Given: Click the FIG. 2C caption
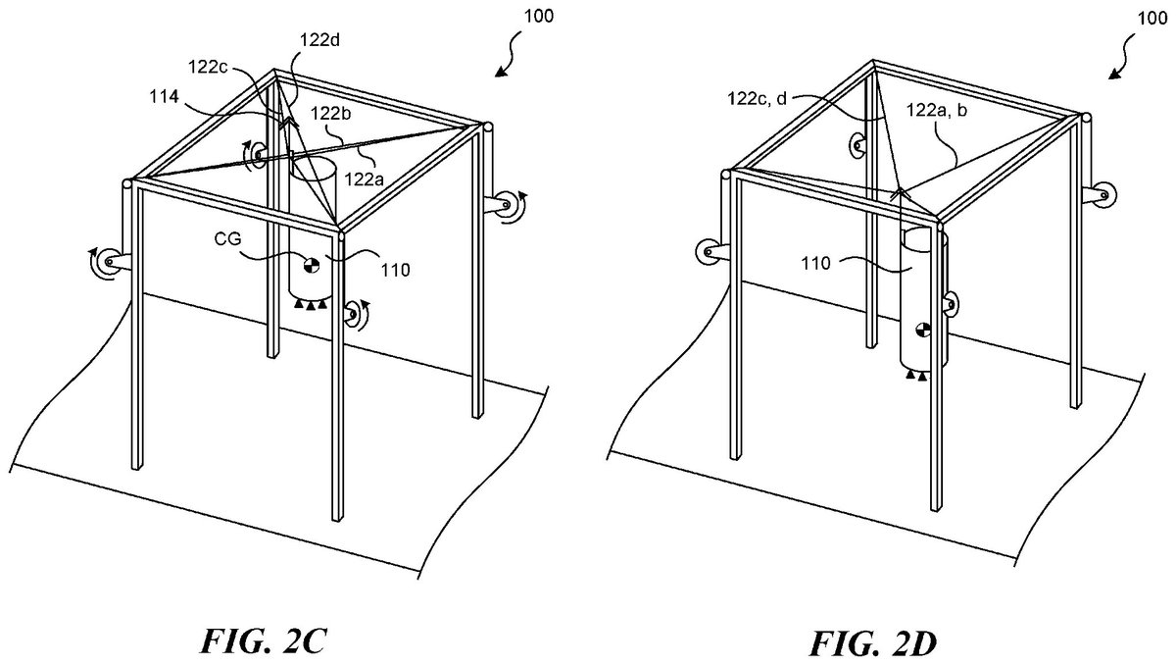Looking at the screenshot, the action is (264, 641).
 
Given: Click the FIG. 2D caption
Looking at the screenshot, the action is (872, 643).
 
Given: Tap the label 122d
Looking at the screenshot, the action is (319, 40).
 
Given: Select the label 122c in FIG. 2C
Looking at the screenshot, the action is (208, 67).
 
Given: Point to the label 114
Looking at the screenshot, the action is (165, 97).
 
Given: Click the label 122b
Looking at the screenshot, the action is (330, 114).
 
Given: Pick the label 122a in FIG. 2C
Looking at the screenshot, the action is (365, 179).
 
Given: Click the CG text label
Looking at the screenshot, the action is (227, 239).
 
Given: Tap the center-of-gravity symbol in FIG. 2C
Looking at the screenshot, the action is (312, 265).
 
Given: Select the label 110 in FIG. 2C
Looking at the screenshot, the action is (395, 270).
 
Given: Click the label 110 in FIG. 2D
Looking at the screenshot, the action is (815, 263).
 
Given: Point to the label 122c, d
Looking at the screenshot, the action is (757, 98).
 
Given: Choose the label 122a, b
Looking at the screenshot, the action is (937, 110).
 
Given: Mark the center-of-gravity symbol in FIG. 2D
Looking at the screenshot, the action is (923, 331).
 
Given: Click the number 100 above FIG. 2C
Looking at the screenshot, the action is (539, 17).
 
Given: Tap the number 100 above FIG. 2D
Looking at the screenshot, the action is (1152, 19).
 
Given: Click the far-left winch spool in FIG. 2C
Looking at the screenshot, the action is (110, 261).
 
